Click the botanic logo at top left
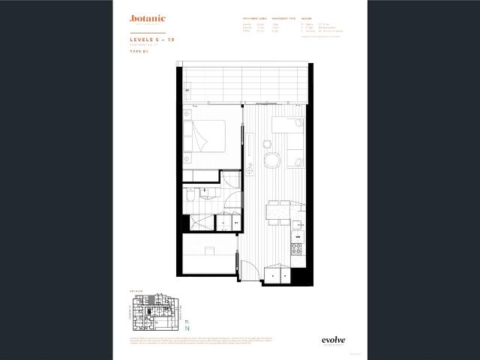147,19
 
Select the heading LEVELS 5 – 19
153,39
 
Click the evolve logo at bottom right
334,339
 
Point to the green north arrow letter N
188,328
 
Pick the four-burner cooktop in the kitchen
296,249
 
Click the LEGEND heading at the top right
307,17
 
